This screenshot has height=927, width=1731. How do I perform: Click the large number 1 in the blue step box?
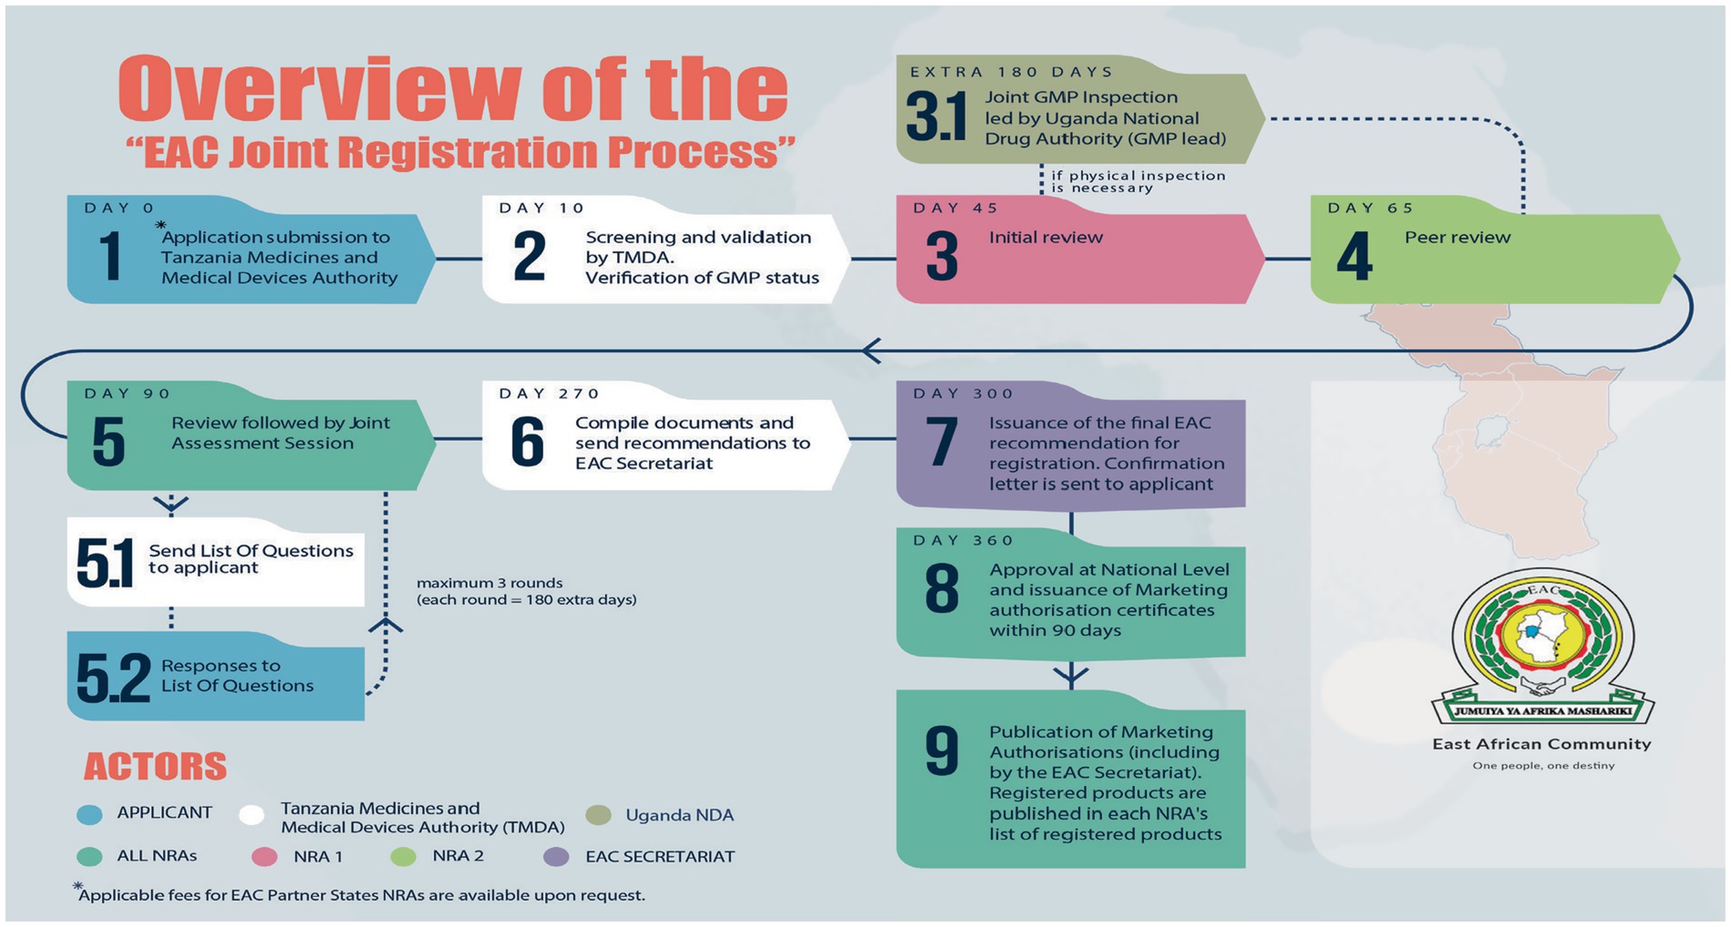(110, 257)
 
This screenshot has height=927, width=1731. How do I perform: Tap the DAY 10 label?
(542, 208)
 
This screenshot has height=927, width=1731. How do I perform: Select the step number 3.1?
(936, 117)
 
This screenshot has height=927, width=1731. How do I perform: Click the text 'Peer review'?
(1457, 237)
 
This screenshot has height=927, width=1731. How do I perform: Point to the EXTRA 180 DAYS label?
(1011, 72)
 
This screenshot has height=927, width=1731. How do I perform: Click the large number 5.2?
(113, 678)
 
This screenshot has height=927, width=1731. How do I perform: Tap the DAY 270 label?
(549, 394)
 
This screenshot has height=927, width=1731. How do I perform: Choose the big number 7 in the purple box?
(941, 442)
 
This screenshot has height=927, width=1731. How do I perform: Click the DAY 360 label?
(963, 540)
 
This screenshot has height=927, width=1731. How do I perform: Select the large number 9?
(941, 751)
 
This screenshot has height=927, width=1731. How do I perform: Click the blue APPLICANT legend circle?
(90, 814)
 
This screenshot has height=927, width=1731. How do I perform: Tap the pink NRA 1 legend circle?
(264, 857)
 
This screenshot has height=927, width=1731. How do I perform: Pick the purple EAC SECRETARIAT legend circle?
(556, 857)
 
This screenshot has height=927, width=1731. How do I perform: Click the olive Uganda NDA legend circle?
(598, 815)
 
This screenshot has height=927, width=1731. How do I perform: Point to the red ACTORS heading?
(156, 767)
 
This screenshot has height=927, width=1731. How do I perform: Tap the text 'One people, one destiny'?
(1544, 766)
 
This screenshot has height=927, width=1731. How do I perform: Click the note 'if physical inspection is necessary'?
(1138, 182)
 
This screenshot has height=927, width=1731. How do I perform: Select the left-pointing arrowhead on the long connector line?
(871, 350)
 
